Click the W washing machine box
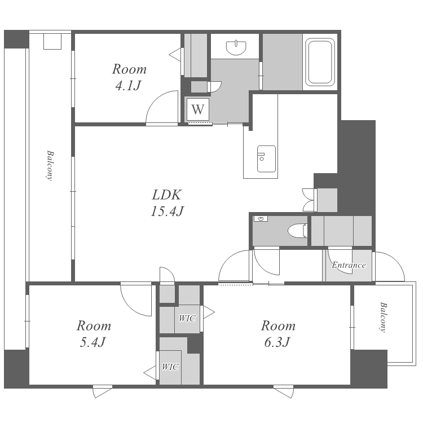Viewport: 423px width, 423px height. pos(198,109)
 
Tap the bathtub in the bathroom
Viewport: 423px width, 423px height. pos(320,62)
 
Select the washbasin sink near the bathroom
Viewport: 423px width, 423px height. pos(236,47)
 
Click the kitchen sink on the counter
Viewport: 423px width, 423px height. pos(266,159)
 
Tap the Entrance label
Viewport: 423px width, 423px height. pos(349,265)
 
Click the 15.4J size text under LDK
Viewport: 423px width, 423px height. pos(168,211)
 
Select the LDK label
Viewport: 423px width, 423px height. pos(167,195)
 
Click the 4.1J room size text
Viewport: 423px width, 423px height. pos(129,86)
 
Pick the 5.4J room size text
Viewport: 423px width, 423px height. pos(92,342)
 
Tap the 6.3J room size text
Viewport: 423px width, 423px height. pos(277,342)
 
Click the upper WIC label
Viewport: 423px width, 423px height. pos(187,318)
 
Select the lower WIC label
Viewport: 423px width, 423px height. pos(170,367)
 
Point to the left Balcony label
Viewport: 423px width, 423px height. pos(50,165)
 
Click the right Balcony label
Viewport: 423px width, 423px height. pos(383,317)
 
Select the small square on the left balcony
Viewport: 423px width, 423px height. pos(52,41)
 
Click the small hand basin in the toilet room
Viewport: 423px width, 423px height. pos(261,219)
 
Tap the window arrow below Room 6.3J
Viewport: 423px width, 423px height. pos(283,391)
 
